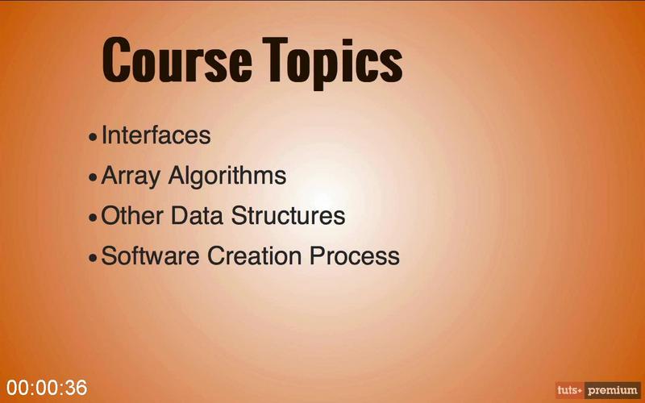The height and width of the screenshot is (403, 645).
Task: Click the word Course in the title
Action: pos(177,60)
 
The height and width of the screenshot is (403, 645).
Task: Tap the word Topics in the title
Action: pos(333,63)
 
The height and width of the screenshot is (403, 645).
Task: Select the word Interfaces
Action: pos(156,135)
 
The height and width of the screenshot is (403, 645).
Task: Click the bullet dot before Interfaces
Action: pos(93,137)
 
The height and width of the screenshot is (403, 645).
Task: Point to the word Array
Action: pos(130,177)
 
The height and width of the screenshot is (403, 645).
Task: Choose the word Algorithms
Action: pos(227,177)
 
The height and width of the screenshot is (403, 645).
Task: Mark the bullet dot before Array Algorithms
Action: pos(93,177)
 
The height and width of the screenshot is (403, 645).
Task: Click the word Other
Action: pos(132,215)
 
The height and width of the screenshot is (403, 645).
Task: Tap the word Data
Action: pos(197,215)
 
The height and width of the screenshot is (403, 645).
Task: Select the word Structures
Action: pos(288,215)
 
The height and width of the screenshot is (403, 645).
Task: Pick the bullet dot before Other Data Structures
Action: pos(93,217)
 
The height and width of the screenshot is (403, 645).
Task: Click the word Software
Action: pos(150,256)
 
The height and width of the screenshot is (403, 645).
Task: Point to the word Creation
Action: pos(254,256)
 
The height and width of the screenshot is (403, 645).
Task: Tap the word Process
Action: pos(355,256)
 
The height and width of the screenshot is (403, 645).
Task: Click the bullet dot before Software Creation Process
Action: pos(93,257)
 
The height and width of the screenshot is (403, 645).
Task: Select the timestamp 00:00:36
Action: pos(47,388)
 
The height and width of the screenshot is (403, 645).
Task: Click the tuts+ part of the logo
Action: pos(570,390)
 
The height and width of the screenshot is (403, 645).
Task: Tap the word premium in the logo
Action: pos(613,390)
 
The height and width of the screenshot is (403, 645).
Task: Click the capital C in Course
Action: pos(115,60)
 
